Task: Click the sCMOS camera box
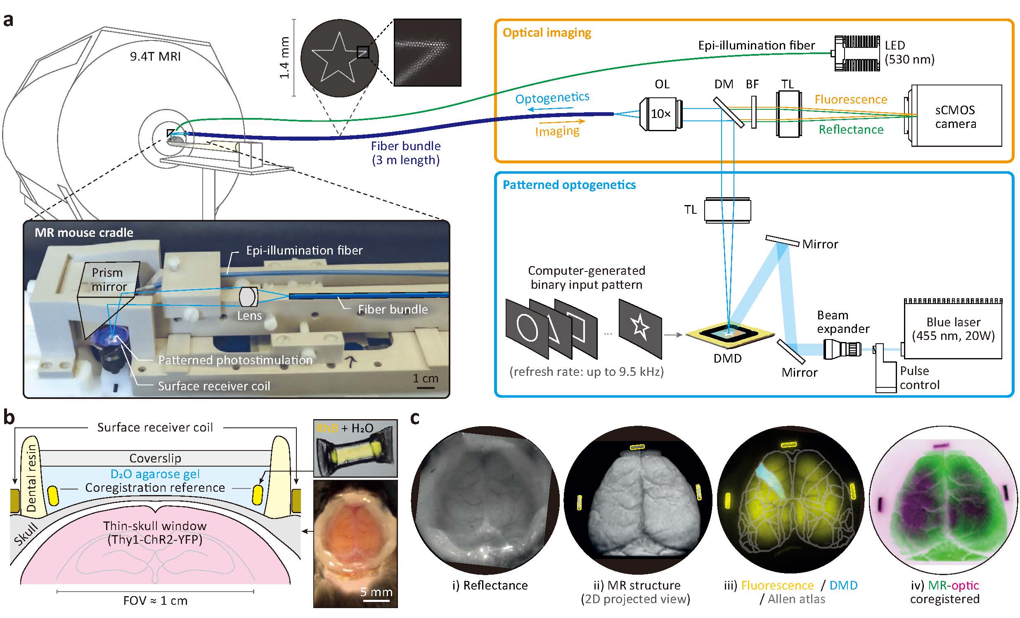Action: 956,116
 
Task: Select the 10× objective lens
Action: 661,114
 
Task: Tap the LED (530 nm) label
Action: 909,52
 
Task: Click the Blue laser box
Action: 953,329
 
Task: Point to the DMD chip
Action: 729,333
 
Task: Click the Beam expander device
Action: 842,349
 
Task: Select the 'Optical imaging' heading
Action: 547,33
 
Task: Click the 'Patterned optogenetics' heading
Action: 569,185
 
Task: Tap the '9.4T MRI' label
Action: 155,56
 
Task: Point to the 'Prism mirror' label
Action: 108,280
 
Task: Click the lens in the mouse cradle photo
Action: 248,297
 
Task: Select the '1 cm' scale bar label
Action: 425,378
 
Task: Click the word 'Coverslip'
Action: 155,458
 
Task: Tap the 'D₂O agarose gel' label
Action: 155,474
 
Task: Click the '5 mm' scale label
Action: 376,592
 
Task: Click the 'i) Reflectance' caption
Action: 490,585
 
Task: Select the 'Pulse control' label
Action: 919,377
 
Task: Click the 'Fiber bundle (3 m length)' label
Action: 405,153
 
